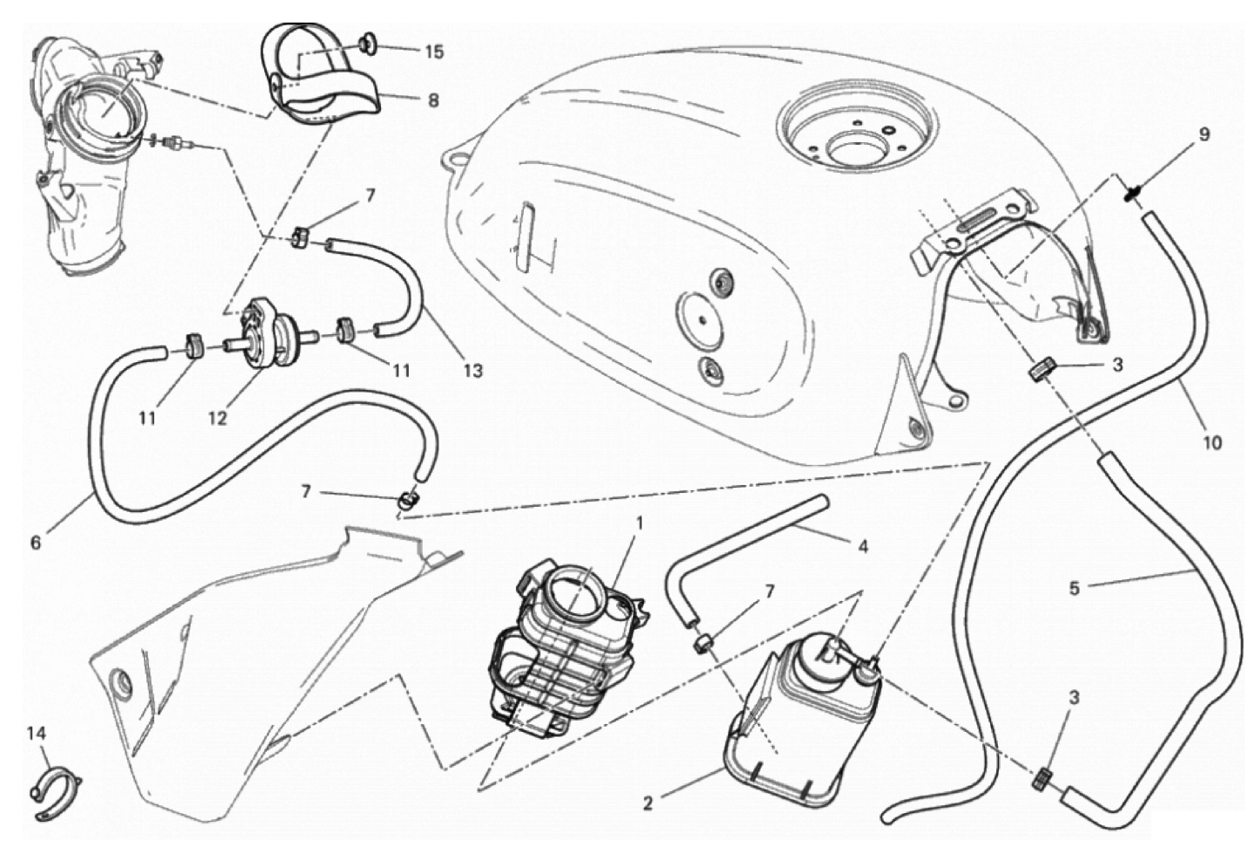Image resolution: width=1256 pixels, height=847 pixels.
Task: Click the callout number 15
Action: pos(434,51)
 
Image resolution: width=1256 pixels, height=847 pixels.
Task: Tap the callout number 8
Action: pos(433,100)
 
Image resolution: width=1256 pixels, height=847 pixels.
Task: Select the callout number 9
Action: pos(1205,134)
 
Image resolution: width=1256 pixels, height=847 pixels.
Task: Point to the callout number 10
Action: pos(1212,443)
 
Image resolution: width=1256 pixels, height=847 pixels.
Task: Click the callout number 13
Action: pos(473,371)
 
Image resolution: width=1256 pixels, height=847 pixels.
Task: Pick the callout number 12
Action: pos(218,418)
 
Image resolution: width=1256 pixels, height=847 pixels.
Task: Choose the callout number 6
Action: pos(36,543)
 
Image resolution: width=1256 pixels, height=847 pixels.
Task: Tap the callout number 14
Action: pos(37,733)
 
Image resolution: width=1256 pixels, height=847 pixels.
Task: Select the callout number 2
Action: pos(648,803)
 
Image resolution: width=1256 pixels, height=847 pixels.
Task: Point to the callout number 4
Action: pos(863,546)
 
